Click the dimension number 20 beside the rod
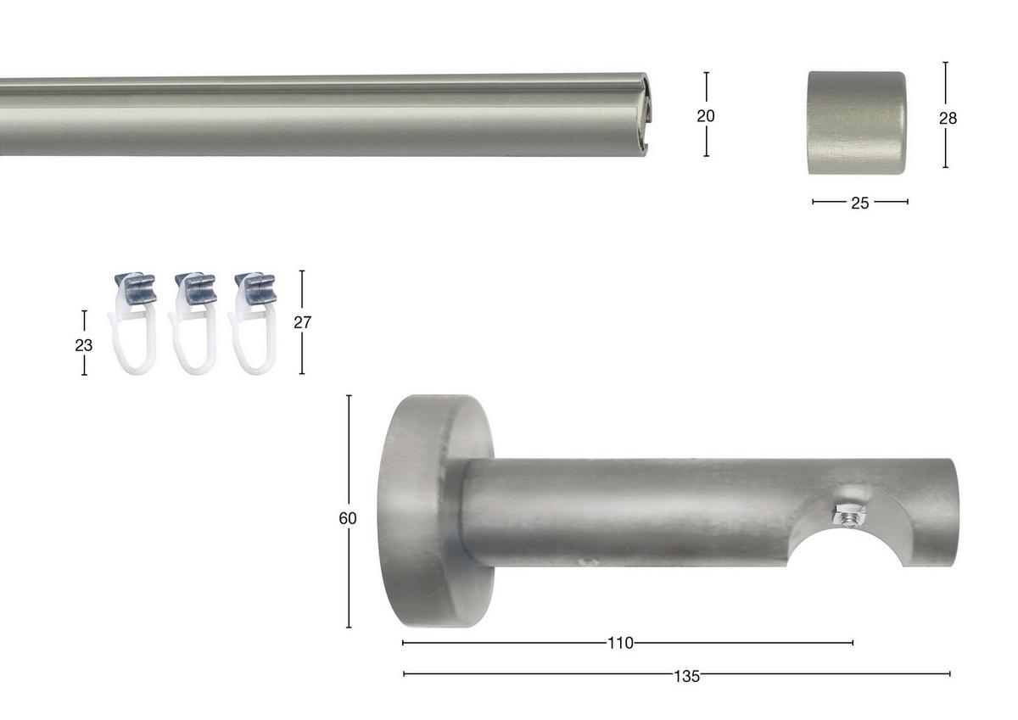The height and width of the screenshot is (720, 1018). click(x=706, y=116)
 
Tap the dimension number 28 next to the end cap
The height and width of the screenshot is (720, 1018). click(x=948, y=119)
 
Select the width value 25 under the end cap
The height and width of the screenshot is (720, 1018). click(x=859, y=203)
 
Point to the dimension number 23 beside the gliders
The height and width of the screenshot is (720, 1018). click(x=84, y=346)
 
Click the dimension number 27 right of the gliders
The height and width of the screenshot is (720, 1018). click(x=303, y=323)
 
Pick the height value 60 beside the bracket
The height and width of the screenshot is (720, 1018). click(x=348, y=519)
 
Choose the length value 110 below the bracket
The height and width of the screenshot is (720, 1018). click(x=620, y=644)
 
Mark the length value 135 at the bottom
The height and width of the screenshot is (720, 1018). click(x=686, y=677)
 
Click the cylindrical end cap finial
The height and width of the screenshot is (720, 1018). click(x=856, y=122)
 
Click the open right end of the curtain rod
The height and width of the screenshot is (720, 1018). click(x=645, y=115)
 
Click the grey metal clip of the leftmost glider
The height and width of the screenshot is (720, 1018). click(x=137, y=288)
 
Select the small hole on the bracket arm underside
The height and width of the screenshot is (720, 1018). click(x=583, y=561)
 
